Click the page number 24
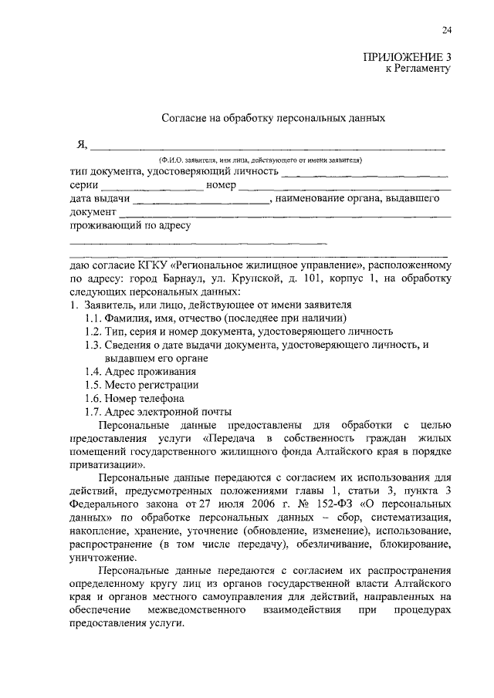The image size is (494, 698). [447, 30]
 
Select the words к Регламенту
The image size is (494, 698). [418, 69]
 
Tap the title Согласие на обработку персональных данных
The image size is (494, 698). [272, 119]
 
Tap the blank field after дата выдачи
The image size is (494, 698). [201, 199]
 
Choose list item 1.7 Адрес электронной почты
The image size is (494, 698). [158, 411]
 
